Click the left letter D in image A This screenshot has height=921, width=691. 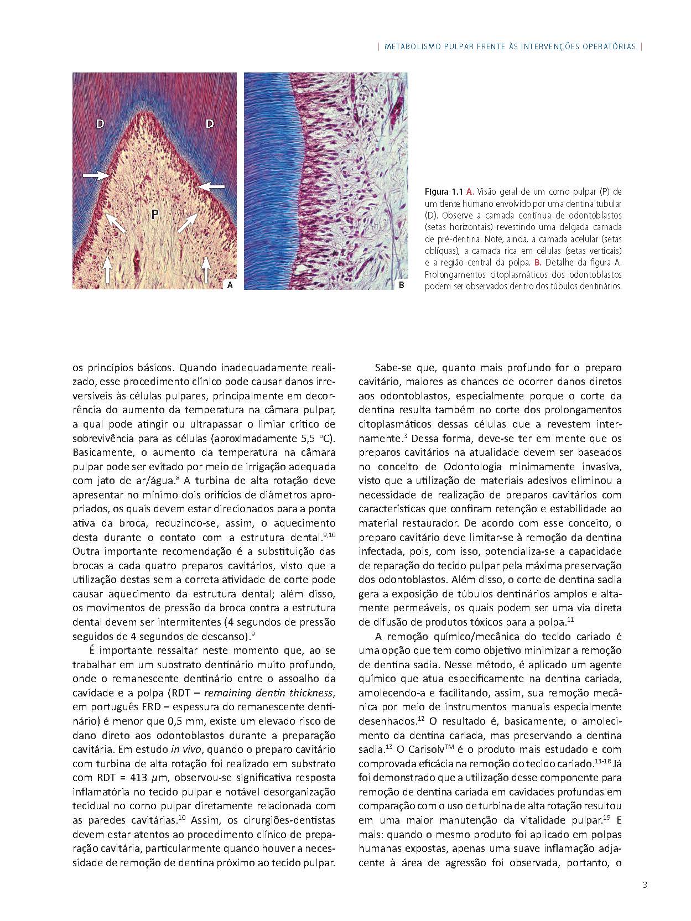pos(100,124)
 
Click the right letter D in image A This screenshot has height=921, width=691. pos(210,124)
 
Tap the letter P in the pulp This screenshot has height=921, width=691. pos(155,214)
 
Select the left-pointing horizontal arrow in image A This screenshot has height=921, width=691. pos(212,186)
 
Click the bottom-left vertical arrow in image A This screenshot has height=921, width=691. pos(107,271)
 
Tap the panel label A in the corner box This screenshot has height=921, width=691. pos(230,285)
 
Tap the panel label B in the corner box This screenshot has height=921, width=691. pos(402,285)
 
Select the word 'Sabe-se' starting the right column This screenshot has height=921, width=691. pos(392,368)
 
